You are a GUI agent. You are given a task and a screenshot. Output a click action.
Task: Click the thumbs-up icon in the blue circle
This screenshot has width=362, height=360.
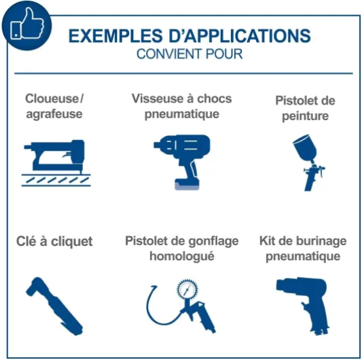click(x=27, y=23)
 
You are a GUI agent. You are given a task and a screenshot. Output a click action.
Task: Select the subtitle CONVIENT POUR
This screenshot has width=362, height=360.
click(x=189, y=54)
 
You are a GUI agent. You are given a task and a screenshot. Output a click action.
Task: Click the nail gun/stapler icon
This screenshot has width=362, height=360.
click(x=56, y=163)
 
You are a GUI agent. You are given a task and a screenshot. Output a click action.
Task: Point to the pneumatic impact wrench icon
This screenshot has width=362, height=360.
click(x=182, y=162)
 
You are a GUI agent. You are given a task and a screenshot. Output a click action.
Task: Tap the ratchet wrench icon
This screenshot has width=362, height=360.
click(x=54, y=306)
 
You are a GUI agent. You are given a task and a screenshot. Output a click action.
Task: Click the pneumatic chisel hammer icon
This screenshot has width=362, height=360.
click(x=303, y=306)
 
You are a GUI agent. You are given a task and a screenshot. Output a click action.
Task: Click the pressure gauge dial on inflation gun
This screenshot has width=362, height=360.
click(x=187, y=289)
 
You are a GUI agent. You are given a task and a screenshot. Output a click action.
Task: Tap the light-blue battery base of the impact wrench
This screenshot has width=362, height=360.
click(x=187, y=186)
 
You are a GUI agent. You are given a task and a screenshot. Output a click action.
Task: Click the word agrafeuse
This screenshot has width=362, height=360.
click(x=54, y=114)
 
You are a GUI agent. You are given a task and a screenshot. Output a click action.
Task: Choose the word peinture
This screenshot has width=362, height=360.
click(x=305, y=116)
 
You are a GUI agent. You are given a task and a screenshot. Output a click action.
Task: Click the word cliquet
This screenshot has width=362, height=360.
click(x=71, y=242)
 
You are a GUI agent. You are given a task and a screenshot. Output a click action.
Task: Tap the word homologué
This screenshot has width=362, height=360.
click(x=182, y=256)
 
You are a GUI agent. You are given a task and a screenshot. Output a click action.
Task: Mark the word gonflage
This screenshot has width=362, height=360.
click(x=213, y=242)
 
